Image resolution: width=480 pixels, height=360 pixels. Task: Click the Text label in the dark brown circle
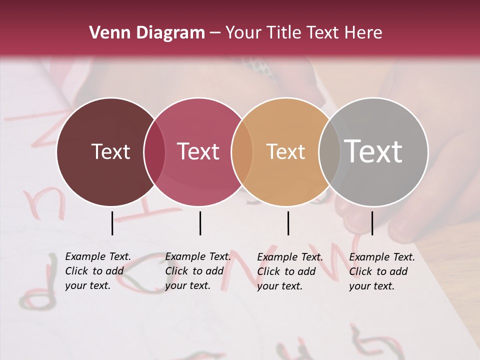coord(110,151)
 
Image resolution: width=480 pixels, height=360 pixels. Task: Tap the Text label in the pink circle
coord(198,151)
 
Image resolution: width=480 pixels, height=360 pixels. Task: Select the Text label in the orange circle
coord(285,151)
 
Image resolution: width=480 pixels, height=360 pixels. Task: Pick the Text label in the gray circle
coord(373,151)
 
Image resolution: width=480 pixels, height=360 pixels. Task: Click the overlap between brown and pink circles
coord(154,152)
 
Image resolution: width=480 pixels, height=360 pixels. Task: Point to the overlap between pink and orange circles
coord(242,152)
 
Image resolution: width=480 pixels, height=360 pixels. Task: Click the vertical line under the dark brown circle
coord(112,223)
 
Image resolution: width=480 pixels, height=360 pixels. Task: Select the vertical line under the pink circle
coord(200,223)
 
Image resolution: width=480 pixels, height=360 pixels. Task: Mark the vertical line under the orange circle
coord(288,223)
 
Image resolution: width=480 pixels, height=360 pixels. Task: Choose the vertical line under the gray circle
coord(372,223)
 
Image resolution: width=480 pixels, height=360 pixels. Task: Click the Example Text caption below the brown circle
coord(97,271)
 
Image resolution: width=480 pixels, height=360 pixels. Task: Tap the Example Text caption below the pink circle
coord(197,271)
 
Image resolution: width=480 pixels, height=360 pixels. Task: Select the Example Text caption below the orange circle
coord(289,271)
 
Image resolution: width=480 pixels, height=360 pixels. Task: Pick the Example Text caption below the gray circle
coord(381,271)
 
